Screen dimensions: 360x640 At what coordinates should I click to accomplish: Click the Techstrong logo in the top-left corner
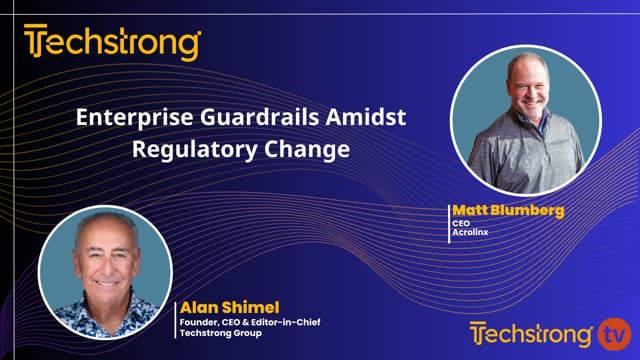tap(112, 43)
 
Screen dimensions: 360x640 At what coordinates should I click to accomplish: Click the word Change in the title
tap(305, 152)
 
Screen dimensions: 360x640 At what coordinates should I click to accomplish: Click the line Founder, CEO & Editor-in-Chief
tap(247, 321)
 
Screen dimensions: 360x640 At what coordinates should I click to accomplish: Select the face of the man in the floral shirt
tap(106, 256)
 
